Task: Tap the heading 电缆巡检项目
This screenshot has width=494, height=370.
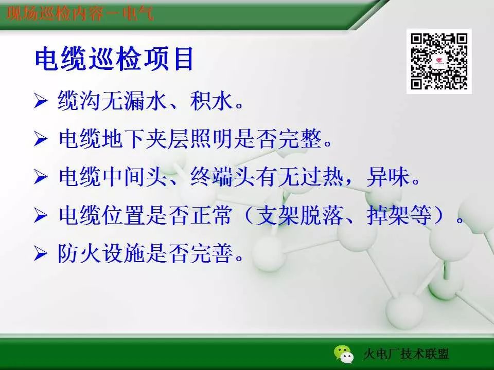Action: (114, 60)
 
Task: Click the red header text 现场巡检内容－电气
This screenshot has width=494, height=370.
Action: (80, 13)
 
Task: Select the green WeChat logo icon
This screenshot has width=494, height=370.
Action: (343, 353)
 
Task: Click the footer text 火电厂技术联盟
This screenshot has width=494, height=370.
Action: (406, 354)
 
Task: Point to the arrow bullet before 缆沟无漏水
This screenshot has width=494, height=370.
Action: (41, 100)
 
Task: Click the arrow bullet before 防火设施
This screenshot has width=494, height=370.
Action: (41, 254)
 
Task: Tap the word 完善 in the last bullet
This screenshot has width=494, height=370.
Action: (217, 254)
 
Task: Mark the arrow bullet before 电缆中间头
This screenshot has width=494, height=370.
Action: (41, 178)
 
